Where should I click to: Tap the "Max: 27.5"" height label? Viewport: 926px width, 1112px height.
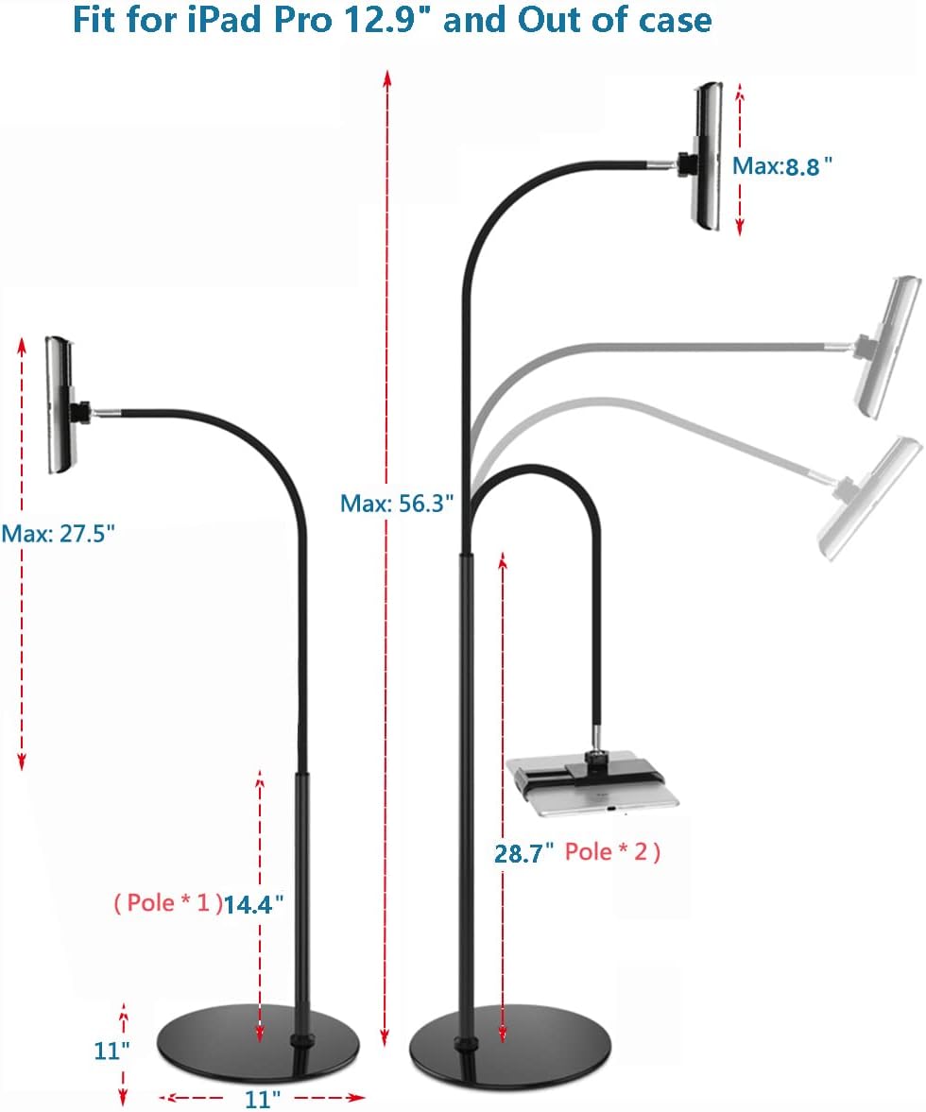[58, 533]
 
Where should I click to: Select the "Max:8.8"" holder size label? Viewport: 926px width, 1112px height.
[783, 166]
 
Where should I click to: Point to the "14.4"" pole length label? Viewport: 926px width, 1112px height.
[253, 904]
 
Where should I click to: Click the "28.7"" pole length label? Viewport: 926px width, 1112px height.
[523, 853]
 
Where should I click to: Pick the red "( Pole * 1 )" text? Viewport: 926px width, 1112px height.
[167, 903]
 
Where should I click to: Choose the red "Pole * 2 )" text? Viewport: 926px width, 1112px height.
[612, 852]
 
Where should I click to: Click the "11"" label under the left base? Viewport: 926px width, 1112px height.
[263, 1099]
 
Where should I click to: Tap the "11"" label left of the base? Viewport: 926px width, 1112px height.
[111, 1051]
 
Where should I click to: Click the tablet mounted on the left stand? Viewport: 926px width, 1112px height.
[60, 405]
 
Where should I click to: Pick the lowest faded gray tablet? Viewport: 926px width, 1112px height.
[870, 499]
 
